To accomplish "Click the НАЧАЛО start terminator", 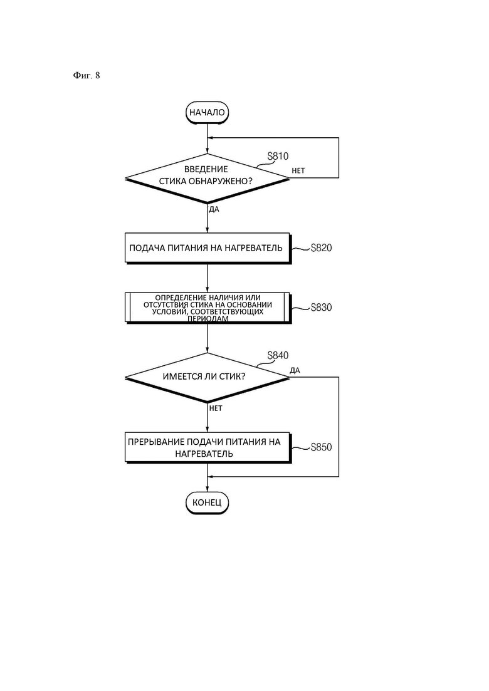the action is pyautogui.click(x=208, y=112).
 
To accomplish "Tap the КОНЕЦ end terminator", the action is pyautogui.click(x=208, y=502).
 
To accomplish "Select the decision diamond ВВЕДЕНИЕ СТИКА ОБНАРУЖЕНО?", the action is pyautogui.click(x=208, y=179).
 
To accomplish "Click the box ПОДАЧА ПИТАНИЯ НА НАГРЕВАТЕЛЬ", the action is pyautogui.click(x=208, y=248).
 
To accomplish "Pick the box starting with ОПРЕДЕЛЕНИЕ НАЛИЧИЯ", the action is pyautogui.click(x=208, y=308).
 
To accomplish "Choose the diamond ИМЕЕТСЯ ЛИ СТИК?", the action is pyautogui.click(x=208, y=378).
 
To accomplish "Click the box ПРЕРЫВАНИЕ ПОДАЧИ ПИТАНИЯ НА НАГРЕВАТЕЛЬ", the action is pyautogui.click(x=208, y=447).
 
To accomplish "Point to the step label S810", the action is pyautogui.click(x=278, y=156).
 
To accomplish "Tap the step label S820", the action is pyautogui.click(x=321, y=247).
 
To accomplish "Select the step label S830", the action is pyautogui.click(x=321, y=307).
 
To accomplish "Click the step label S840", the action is pyautogui.click(x=278, y=355).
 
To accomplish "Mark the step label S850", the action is pyautogui.click(x=321, y=447).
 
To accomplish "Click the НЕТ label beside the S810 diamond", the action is pyautogui.click(x=298, y=170).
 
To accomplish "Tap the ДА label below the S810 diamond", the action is pyautogui.click(x=214, y=209).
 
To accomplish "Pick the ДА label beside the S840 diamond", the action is pyautogui.click(x=295, y=370).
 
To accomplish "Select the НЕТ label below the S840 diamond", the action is pyautogui.click(x=216, y=408).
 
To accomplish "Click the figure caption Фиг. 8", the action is pyautogui.click(x=87, y=75).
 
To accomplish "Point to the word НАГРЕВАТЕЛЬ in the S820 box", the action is pyautogui.click(x=253, y=247).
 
